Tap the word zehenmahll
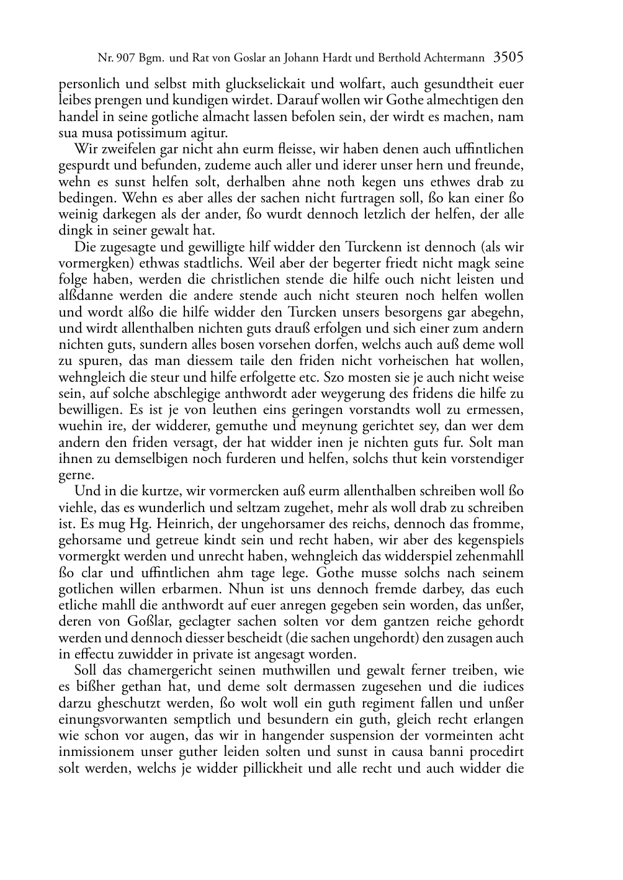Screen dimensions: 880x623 (x=487, y=556)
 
